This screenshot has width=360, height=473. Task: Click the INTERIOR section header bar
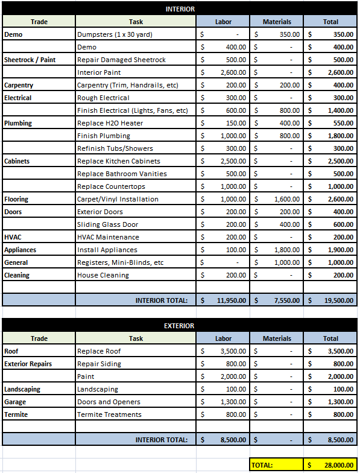pyautogui.click(x=180, y=9)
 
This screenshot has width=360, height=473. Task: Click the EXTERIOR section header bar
pyautogui.click(x=180, y=326)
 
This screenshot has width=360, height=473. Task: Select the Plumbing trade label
pyautogui.click(x=18, y=123)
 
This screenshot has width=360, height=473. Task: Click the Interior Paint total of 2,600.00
pyautogui.click(x=341, y=72)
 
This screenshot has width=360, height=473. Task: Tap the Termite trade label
pyautogui.click(x=16, y=414)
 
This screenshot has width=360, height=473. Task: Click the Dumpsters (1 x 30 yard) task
pyautogui.click(x=115, y=34)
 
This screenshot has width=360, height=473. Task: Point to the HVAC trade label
pyautogui.click(x=13, y=237)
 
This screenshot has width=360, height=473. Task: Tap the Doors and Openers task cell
pyautogui.click(x=109, y=402)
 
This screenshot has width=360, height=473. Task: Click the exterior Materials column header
pyautogui.click(x=277, y=338)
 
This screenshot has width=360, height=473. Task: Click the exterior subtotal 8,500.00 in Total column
pyautogui.click(x=341, y=440)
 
